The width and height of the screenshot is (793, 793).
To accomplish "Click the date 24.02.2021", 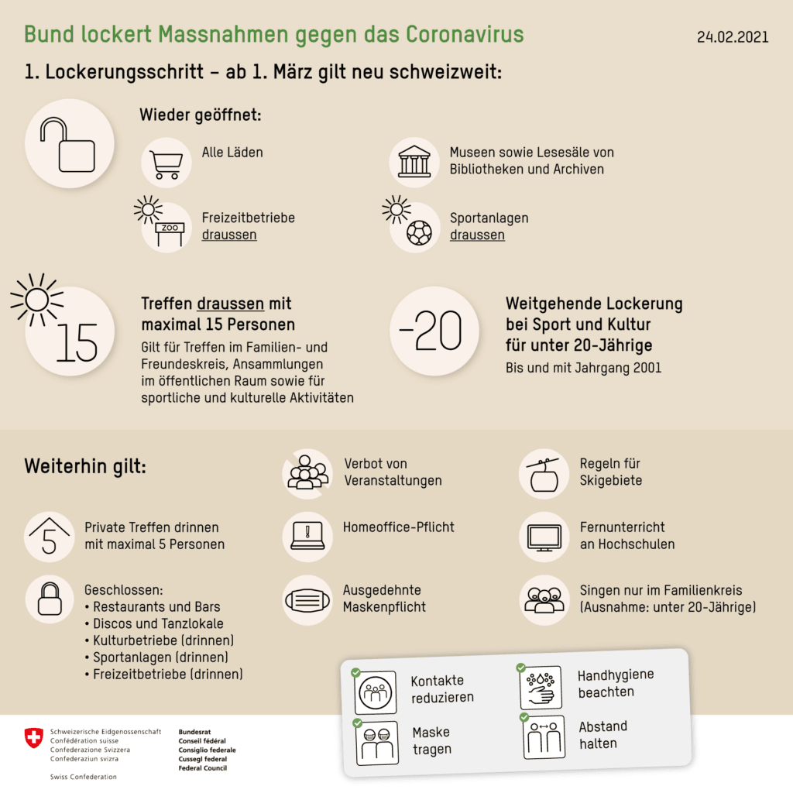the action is tap(733, 37).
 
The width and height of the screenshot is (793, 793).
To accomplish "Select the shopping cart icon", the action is tap(166, 165).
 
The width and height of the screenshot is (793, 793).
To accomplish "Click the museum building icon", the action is tap(414, 161).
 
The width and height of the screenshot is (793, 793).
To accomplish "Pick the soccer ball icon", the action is tap(419, 232).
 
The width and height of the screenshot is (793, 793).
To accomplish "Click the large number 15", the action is tap(77, 342).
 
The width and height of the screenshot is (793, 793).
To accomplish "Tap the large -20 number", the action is tap(431, 331).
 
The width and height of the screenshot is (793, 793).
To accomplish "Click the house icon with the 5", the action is tap(49, 536).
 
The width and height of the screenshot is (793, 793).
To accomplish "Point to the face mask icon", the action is tap(307, 601).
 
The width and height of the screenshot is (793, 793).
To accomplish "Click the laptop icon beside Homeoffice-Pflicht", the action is tap(307, 536).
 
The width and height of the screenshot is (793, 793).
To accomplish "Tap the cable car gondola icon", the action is tap(544, 475).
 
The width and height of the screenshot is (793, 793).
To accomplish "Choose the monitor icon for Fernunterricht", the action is tap(544, 537).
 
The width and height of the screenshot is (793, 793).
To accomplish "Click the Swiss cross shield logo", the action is tap(34, 738).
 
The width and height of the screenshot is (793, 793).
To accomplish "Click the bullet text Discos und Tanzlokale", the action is tap(158, 623).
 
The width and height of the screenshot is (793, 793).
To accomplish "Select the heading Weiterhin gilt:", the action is tap(85, 465).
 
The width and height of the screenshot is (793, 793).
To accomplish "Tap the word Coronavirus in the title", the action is tap(465, 34).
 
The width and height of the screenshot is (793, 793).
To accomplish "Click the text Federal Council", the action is tap(203, 767).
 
